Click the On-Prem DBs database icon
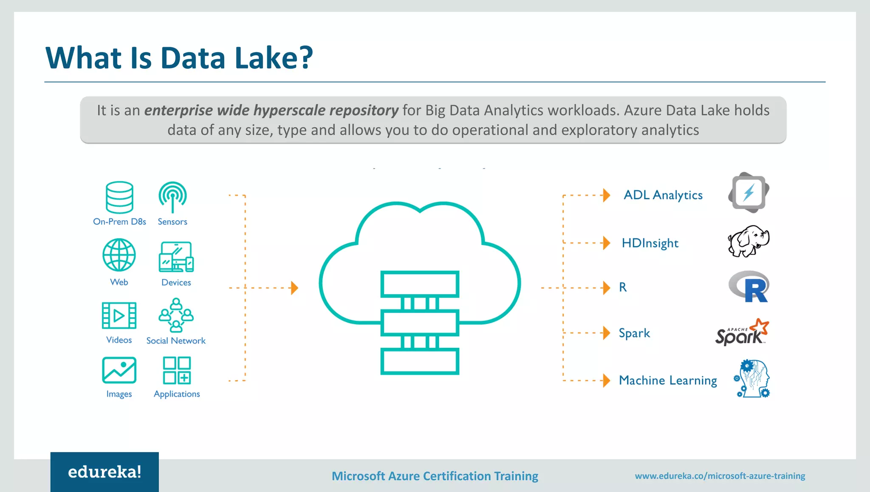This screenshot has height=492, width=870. [x=119, y=197]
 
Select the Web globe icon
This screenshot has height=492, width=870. [x=119, y=255]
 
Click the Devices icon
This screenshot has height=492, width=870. [x=176, y=257]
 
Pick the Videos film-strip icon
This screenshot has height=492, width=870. [x=119, y=316]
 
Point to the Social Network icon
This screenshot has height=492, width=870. [x=176, y=315]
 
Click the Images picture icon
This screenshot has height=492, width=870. [x=119, y=370]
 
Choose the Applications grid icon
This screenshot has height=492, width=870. [x=177, y=370]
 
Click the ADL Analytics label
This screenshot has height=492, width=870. [x=663, y=195]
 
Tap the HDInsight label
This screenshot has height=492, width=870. [x=650, y=243]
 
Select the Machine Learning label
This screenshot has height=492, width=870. [x=668, y=380]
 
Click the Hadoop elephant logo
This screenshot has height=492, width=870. [x=749, y=241]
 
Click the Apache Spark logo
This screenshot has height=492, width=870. [x=742, y=332]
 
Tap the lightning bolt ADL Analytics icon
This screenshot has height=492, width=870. [x=749, y=193]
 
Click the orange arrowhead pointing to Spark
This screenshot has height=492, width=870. [x=607, y=333]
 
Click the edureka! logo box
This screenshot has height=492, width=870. [x=105, y=472]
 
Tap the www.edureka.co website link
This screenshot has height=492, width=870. [x=720, y=476]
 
